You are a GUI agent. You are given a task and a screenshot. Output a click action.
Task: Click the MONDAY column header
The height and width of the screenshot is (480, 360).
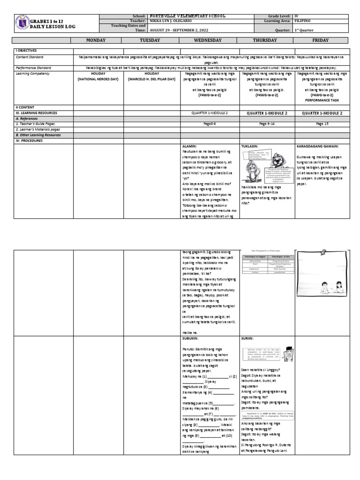click(98, 40)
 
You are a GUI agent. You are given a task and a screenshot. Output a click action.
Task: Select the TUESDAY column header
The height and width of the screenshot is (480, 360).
click(152, 40)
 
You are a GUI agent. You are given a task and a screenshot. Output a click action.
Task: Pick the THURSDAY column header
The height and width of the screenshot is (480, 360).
click(266, 40)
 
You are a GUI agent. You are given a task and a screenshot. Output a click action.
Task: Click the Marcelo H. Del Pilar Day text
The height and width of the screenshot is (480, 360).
click(152, 80)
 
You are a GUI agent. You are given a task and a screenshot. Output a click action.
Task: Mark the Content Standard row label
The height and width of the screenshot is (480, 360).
click(30, 57)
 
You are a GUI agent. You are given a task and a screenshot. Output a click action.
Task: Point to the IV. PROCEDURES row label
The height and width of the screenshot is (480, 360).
click(30, 140)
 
